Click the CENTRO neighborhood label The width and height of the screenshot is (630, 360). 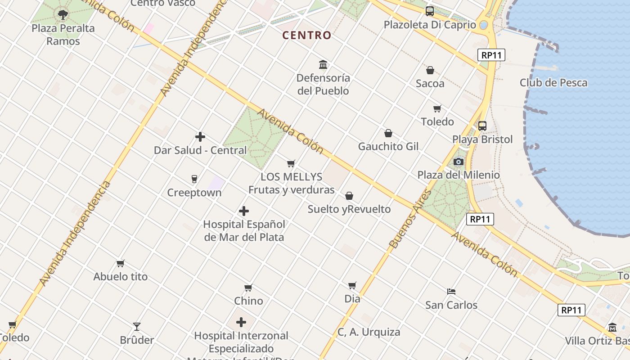pos(307,35)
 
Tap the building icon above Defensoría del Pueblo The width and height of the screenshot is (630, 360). pos(323,64)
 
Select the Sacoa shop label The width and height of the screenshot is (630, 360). pos(430,83)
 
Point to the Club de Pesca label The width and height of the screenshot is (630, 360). pos(553,83)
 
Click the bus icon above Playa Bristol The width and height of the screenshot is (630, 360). pos(482,126)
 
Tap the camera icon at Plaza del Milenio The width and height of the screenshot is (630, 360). pos(459,162)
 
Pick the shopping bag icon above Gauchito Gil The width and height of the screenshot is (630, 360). pos(388,133)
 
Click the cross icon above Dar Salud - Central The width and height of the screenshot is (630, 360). pos(200,137)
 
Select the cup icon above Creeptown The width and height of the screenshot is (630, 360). pos(194,179)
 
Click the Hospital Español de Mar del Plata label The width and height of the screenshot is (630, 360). pos(244,230)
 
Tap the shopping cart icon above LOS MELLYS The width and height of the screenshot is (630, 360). pos(291,163)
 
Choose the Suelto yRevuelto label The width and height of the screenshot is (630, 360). pos(349,209)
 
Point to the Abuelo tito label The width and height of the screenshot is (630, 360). pos(120,276)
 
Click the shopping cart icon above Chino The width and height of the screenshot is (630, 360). pos(248,288)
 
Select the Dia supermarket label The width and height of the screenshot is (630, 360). pos(352,298)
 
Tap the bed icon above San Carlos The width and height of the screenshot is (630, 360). pos(451,292)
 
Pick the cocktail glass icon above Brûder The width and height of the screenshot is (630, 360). pos(137,326)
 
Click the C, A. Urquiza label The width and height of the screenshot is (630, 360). pos(369,332)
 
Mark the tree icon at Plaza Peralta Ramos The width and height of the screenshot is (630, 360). pos(63,15)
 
